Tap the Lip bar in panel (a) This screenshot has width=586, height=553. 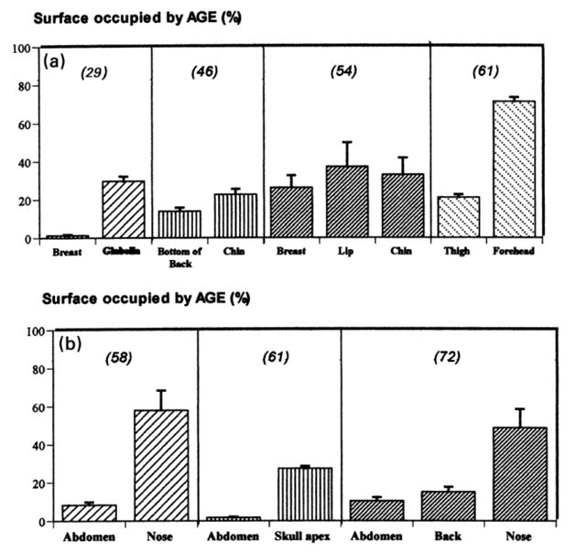347,202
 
